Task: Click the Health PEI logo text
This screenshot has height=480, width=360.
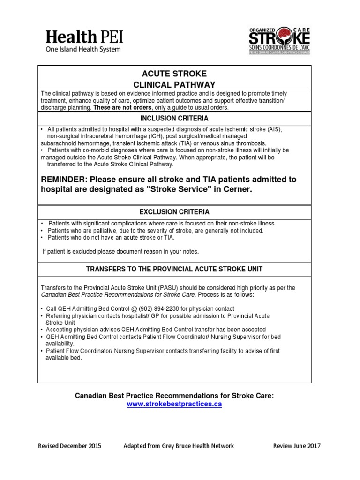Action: point(84,37)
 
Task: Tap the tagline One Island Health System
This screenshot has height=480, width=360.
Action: point(83,49)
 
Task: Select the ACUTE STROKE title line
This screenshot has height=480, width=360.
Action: point(174,74)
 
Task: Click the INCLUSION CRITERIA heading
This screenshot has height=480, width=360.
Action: point(174,118)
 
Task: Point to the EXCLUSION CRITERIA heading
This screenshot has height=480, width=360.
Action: point(174,212)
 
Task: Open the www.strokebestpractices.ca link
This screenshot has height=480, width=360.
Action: point(174,404)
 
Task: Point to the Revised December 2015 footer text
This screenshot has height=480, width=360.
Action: point(69,446)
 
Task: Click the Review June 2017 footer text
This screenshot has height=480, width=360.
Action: point(297,446)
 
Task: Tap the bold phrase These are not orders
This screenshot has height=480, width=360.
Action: point(117,107)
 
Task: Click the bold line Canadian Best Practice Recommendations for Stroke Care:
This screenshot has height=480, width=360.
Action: point(174,396)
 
